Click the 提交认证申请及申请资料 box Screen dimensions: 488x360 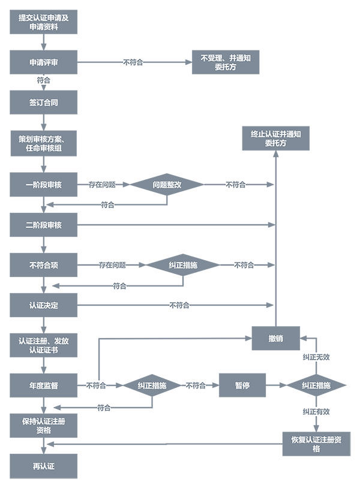click(44, 23)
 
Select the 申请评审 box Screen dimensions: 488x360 click(44, 62)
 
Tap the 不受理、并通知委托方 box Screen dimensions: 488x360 click(225, 62)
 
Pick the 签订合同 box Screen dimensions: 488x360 click(44, 102)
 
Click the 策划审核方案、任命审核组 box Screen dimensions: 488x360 click(44, 143)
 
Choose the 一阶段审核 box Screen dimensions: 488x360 click(44, 185)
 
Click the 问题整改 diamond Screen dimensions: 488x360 click(167, 185)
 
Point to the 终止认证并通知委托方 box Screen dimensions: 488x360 click(275, 139)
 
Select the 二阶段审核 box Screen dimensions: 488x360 click(44, 225)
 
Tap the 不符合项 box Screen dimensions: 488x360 click(44, 264)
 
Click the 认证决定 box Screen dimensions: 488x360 click(44, 305)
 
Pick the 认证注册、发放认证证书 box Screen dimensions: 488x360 click(44, 345)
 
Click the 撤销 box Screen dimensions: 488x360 click(275, 339)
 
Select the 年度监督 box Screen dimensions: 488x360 click(44, 385)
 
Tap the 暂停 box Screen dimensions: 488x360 click(242, 385)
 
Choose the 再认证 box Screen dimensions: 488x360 click(44, 466)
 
